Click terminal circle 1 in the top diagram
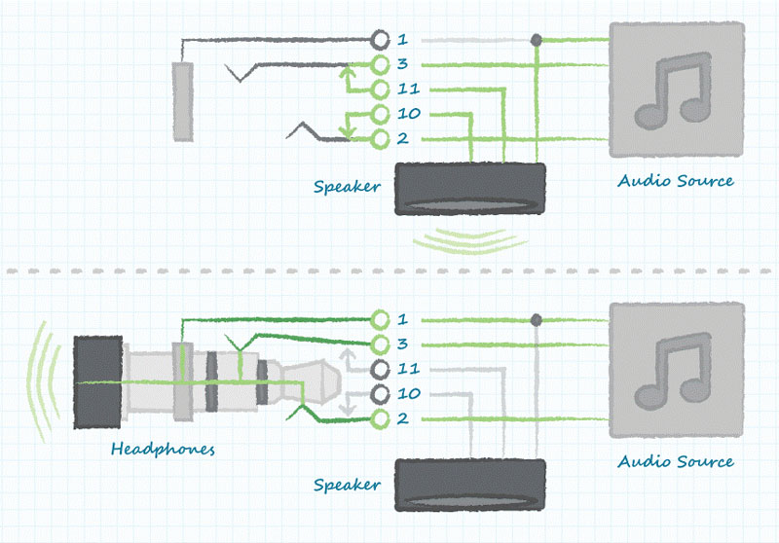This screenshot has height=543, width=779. click(381, 40)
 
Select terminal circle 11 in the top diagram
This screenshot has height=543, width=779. click(381, 90)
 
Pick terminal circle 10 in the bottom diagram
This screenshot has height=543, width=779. click(381, 394)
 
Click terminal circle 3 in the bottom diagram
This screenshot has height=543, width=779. click(381, 344)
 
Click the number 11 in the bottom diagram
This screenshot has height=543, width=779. click(409, 370)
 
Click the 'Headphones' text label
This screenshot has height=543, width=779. click(163, 450)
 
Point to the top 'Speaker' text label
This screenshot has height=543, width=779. click(347, 186)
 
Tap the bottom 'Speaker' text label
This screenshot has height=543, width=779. click(347, 484)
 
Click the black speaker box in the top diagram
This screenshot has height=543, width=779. click(469, 189)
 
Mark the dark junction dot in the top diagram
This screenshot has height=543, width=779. click(536, 41)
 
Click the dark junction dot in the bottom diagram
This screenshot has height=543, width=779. click(536, 320)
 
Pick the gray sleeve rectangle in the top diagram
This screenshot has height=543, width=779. click(183, 101)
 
